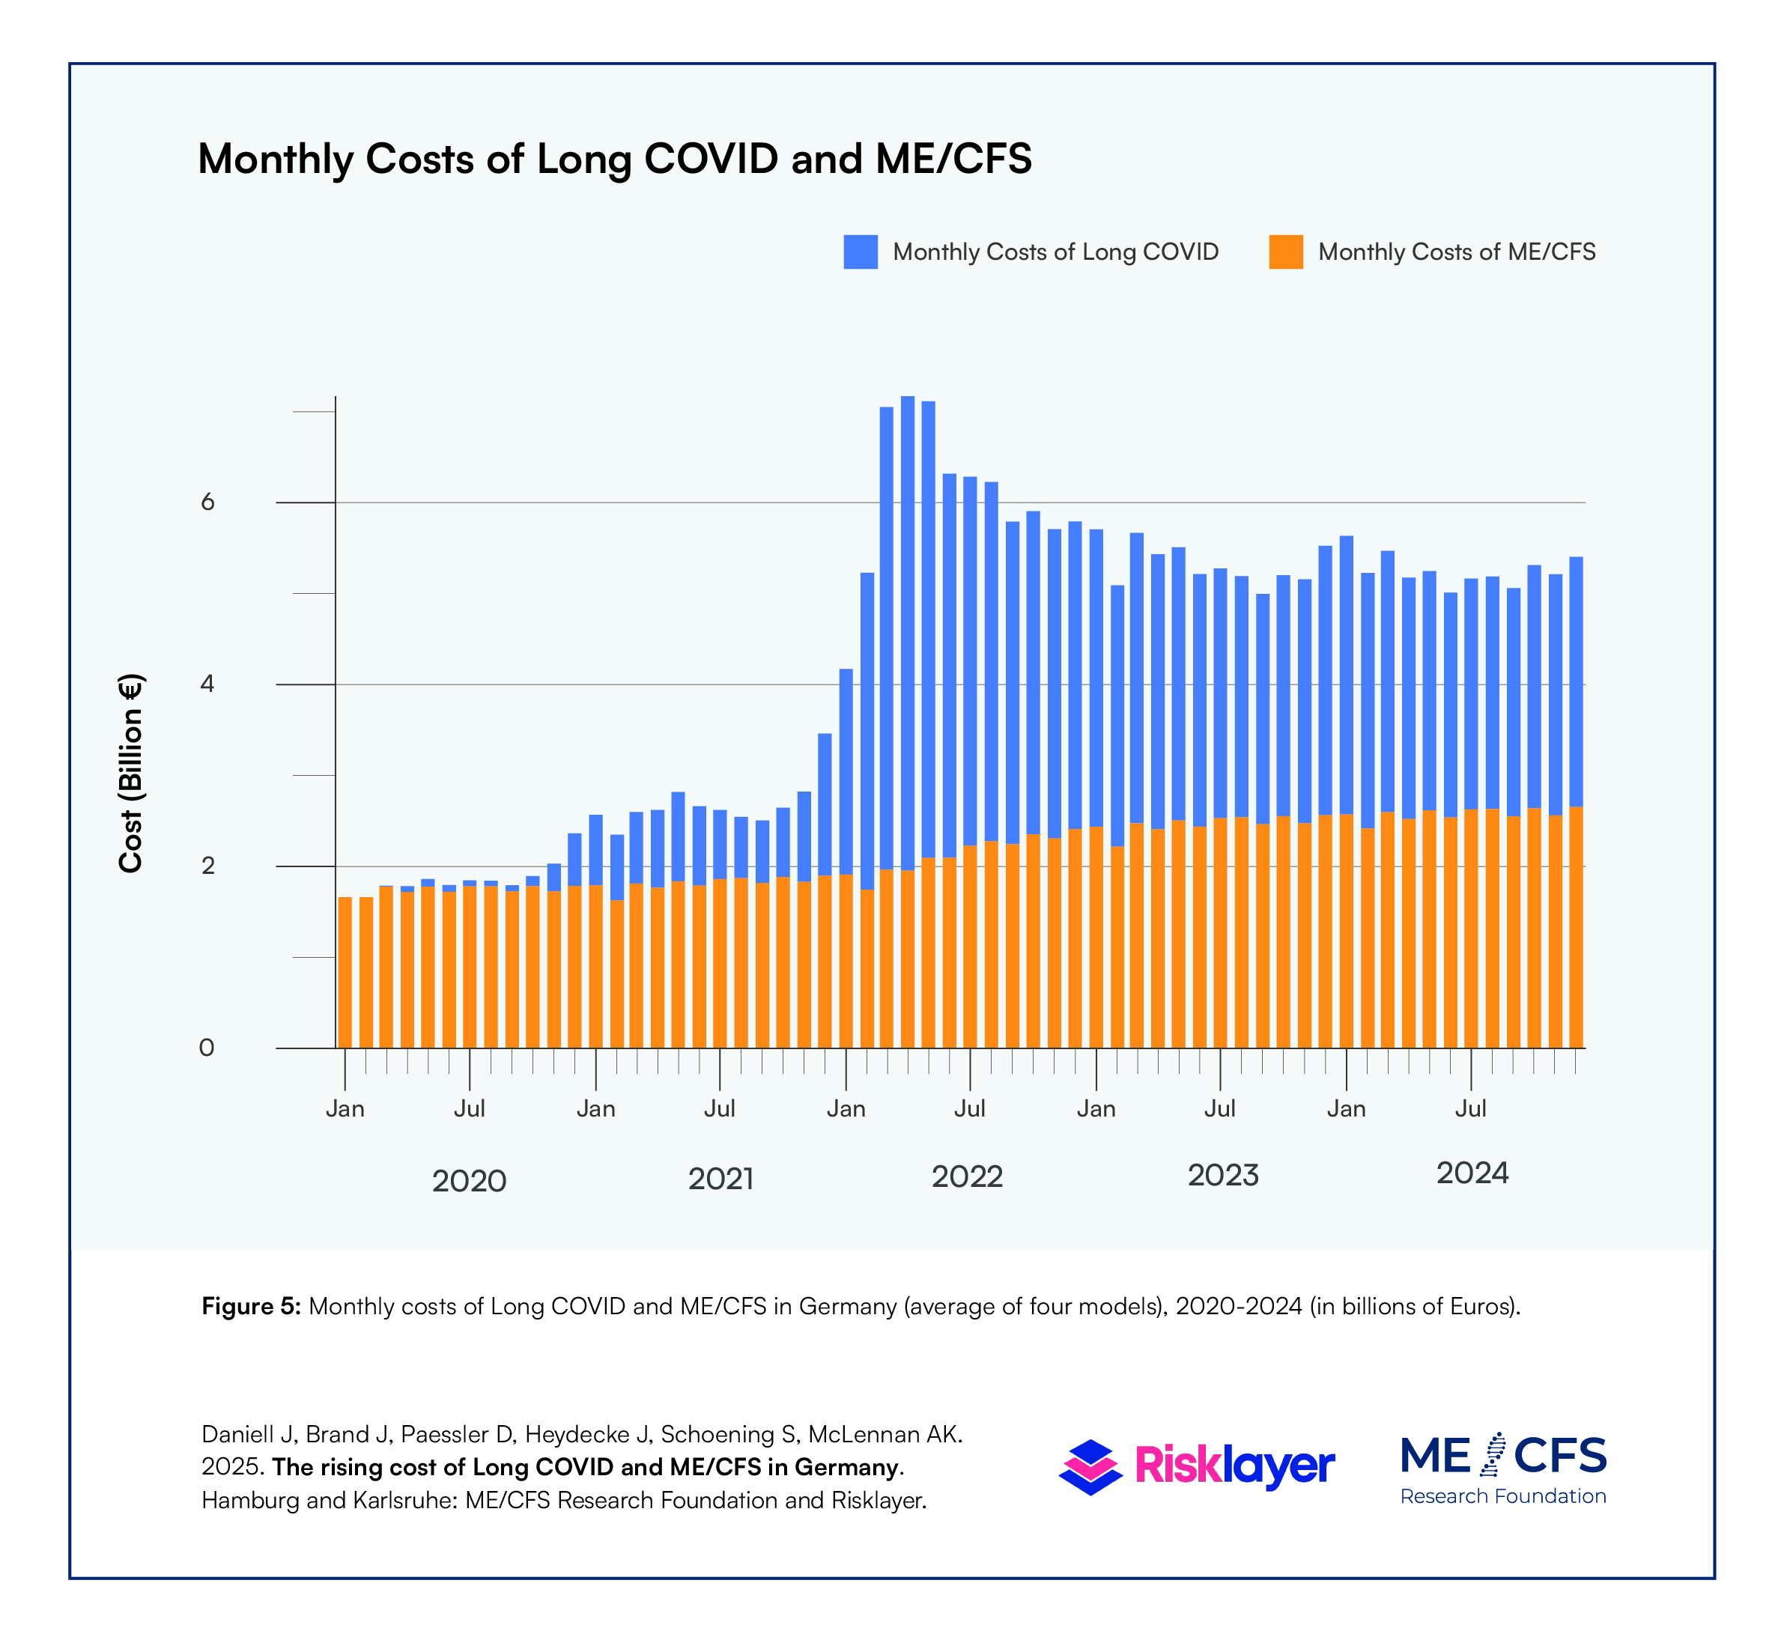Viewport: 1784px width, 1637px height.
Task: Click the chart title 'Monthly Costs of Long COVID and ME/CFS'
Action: pyautogui.click(x=615, y=160)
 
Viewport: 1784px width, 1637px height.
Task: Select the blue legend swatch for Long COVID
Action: pyautogui.click(x=860, y=252)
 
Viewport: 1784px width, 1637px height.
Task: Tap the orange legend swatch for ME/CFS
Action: pyautogui.click(x=1285, y=252)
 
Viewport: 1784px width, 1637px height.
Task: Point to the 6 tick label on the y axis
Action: pyautogui.click(x=207, y=502)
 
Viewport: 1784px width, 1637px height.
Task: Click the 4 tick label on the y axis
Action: pyautogui.click(x=207, y=684)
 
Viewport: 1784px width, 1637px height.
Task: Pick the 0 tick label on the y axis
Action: pyautogui.click(x=207, y=1048)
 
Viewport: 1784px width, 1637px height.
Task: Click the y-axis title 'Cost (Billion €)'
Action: pyautogui.click(x=131, y=774)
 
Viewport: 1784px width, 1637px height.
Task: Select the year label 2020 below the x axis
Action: pyautogui.click(x=469, y=1181)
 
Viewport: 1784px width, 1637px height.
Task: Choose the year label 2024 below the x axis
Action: pyautogui.click(x=1472, y=1173)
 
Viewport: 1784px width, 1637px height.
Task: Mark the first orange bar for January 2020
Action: pyautogui.click(x=345, y=973)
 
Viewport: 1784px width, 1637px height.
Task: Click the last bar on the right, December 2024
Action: pyautogui.click(x=1576, y=803)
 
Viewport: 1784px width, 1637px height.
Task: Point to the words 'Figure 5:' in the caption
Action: pyautogui.click(x=252, y=1307)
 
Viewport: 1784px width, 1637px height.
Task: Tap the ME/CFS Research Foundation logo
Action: pyautogui.click(x=1503, y=1469)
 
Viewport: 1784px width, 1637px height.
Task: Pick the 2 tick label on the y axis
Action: pyautogui.click(x=207, y=866)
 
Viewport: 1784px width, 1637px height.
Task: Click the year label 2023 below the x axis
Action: pyautogui.click(x=1222, y=1175)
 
